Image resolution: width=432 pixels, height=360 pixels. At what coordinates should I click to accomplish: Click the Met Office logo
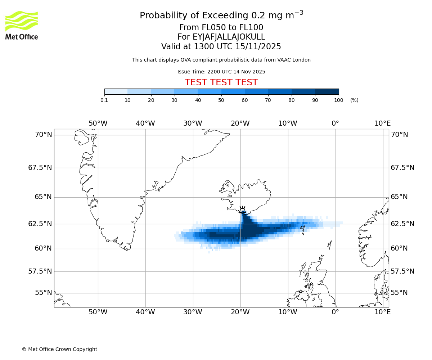(x=22, y=25)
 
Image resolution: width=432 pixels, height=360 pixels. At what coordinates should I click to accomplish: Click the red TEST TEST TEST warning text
(x=221, y=82)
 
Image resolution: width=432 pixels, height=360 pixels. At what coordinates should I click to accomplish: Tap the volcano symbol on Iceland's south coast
(x=243, y=210)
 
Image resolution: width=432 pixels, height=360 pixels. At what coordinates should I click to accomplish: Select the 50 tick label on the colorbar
(x=221, y=100)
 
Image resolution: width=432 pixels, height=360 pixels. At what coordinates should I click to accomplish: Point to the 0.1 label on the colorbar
(x=104, y=100)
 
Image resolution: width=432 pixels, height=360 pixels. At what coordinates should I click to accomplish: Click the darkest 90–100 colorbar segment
(x=327, y=91)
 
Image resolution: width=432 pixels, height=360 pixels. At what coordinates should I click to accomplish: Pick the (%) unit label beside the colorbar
(x=354, y=100)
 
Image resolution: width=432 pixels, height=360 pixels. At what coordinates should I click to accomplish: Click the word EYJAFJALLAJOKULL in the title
(x=229, y=37)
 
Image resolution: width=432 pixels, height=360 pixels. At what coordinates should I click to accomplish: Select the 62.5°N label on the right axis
(x=402, y=224)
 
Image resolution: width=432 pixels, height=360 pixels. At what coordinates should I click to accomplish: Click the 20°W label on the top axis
(x=240, y=123)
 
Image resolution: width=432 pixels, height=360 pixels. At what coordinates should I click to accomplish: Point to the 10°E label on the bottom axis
(x=382, y=312)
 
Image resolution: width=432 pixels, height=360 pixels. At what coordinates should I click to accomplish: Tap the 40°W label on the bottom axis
(x=145, y=312)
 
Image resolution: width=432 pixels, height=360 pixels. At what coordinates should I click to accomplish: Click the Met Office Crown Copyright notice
(x=59, y=349)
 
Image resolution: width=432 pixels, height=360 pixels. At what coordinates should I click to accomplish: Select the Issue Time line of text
(x=221, y=72)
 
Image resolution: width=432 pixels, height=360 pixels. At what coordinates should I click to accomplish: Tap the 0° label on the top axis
(x=335, y=123)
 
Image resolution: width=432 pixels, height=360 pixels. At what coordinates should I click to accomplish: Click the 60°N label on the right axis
(x=399, y=248)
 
